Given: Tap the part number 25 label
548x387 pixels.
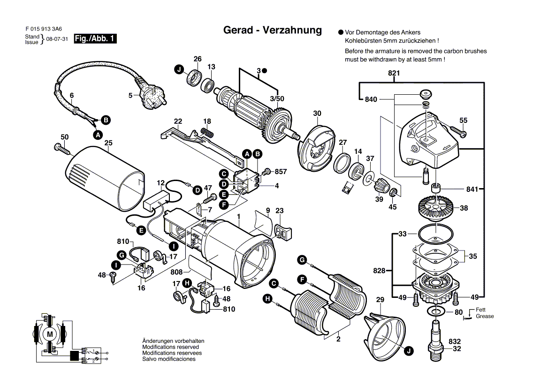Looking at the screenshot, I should (x=108, y=143).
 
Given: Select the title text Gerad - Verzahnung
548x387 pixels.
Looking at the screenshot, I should (x=272, y=30).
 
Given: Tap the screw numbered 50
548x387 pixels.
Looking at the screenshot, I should (x=61, y=148).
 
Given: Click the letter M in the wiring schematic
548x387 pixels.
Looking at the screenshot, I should (x=50, y=334).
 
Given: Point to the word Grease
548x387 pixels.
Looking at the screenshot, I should (x=485, y=316).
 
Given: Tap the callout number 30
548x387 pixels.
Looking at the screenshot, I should (x=317, y=113).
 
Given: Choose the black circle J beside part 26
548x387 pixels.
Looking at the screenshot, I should (x=179, y=70).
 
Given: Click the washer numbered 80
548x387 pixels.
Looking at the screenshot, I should (x=436, y=312).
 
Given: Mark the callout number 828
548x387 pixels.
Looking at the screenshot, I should (x=379, y=271).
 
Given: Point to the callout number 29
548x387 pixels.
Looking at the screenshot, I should (x=380, y=299).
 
